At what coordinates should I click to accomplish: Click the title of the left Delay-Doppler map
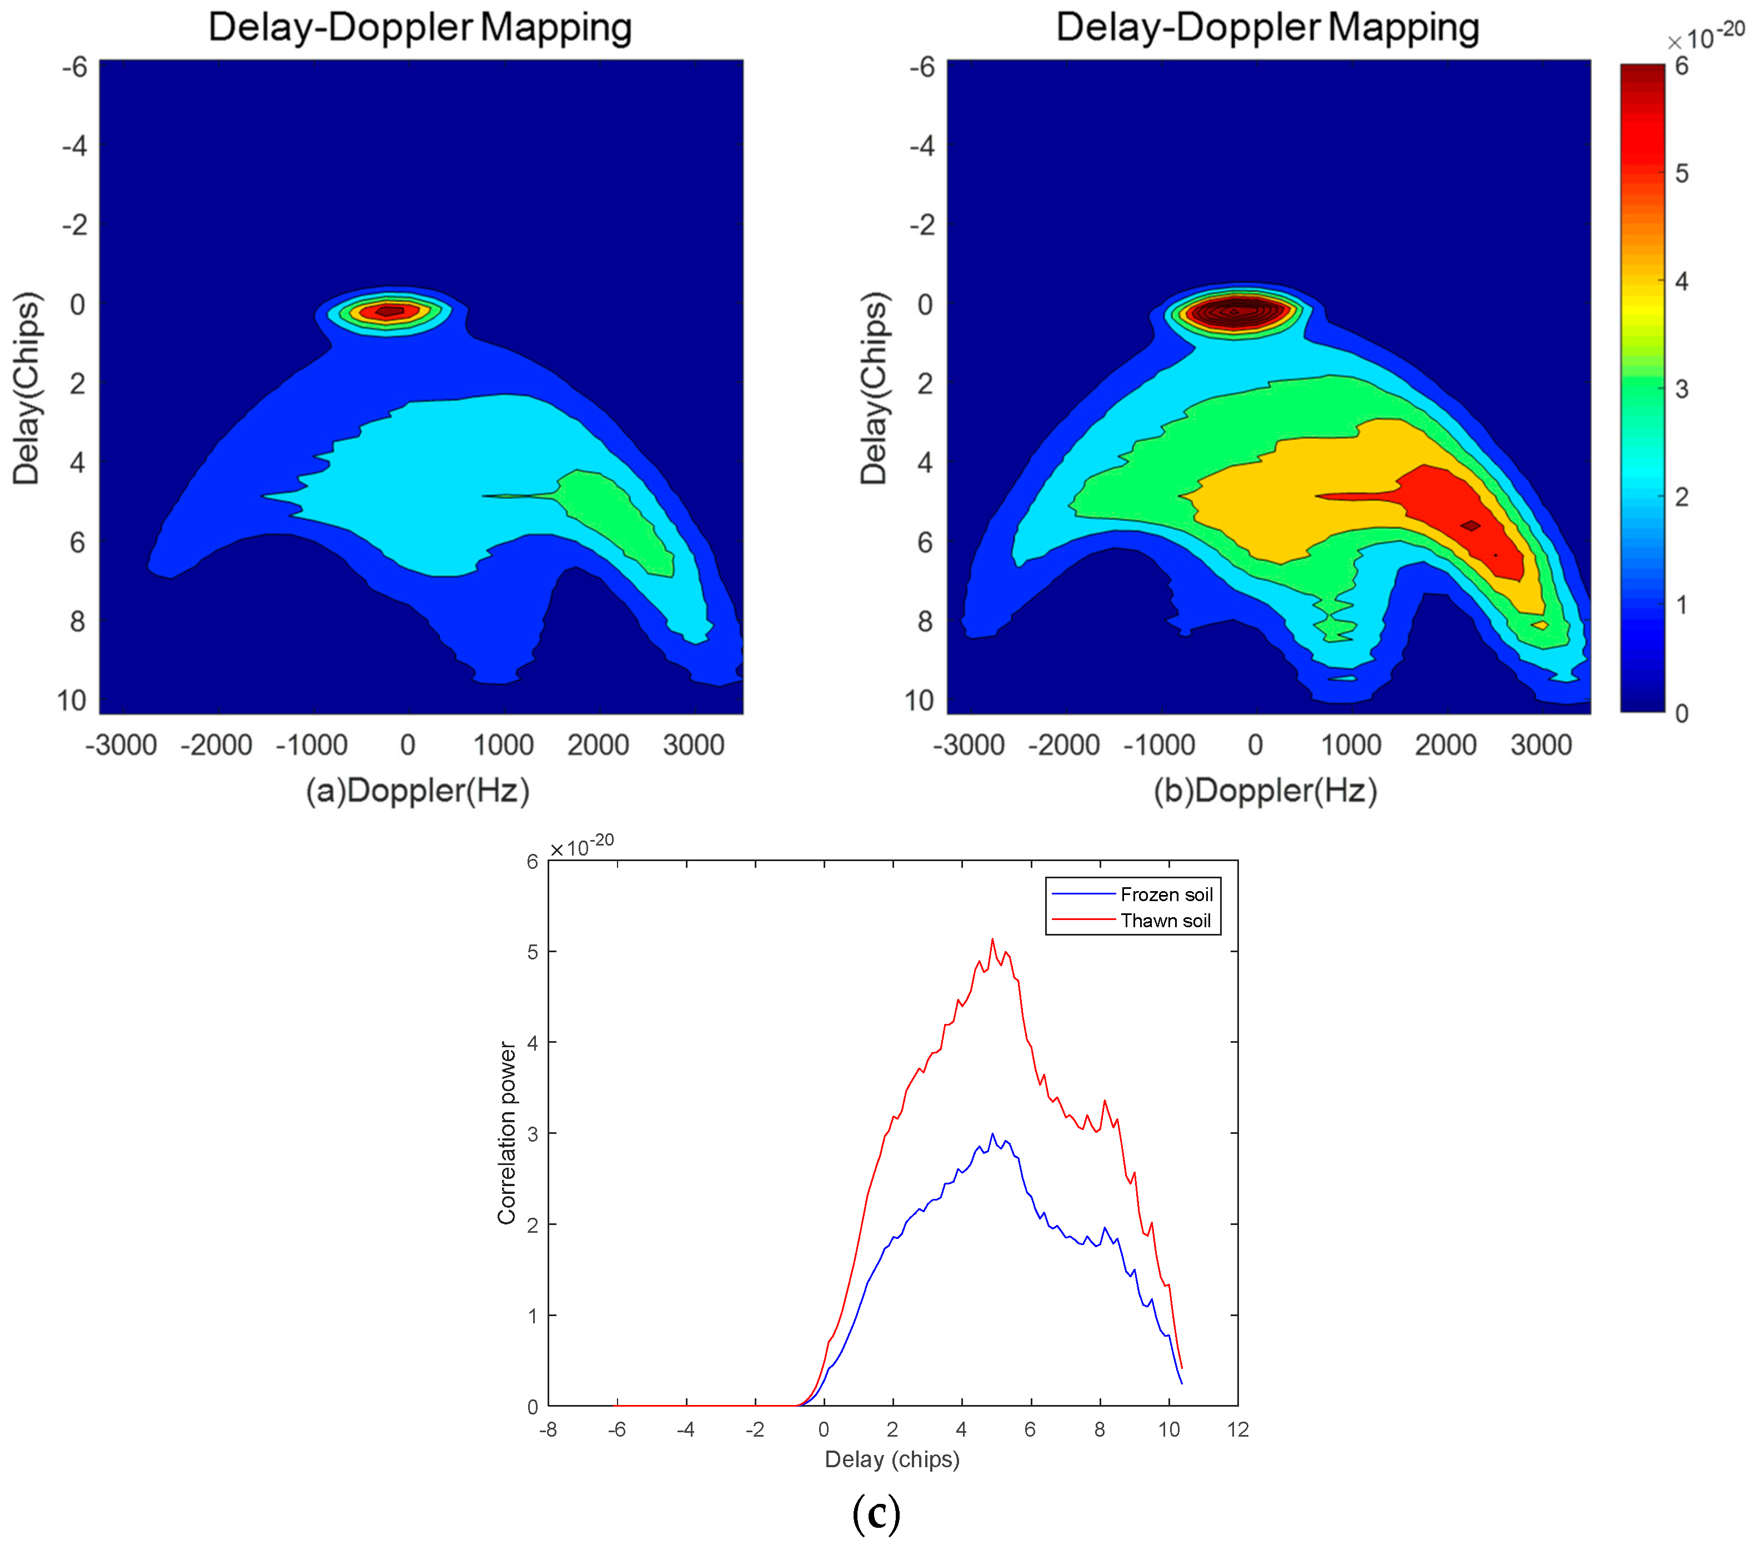tap(420, 27)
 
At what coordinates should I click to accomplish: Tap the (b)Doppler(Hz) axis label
tap(1265, 790)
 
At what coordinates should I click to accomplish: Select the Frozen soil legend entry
tap(1166, 894)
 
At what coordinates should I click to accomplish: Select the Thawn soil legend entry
tap(1165, 921)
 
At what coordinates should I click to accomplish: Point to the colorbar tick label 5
tap(1681, 174)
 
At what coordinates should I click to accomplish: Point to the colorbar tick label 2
tap(1681, 497)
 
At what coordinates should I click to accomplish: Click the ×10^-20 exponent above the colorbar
tap(1705, 38)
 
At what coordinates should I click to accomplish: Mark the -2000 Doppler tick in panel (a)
tap(216, 744)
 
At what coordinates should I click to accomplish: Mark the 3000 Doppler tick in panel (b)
tap(1541, 744)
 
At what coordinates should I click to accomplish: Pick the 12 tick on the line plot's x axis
tap(1237, 1429)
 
